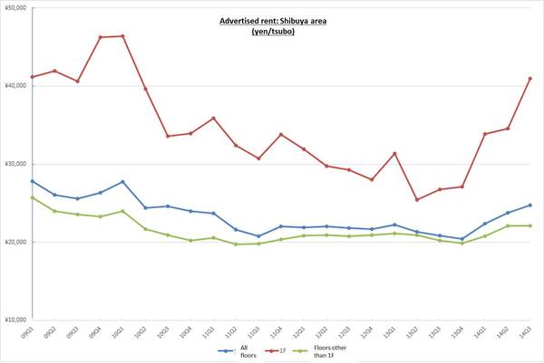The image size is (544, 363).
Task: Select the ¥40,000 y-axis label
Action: tap(16, 86)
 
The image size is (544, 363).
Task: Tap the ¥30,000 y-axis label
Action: tap(16, 164)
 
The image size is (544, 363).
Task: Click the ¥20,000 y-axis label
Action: tap(16, 243)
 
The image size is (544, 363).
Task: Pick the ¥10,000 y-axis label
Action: tap(16, 320)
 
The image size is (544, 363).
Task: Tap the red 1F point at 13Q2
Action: tap(416, 200)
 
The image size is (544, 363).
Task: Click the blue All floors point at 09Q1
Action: tap(33, 181)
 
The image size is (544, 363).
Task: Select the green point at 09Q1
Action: tap(33, 197)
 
